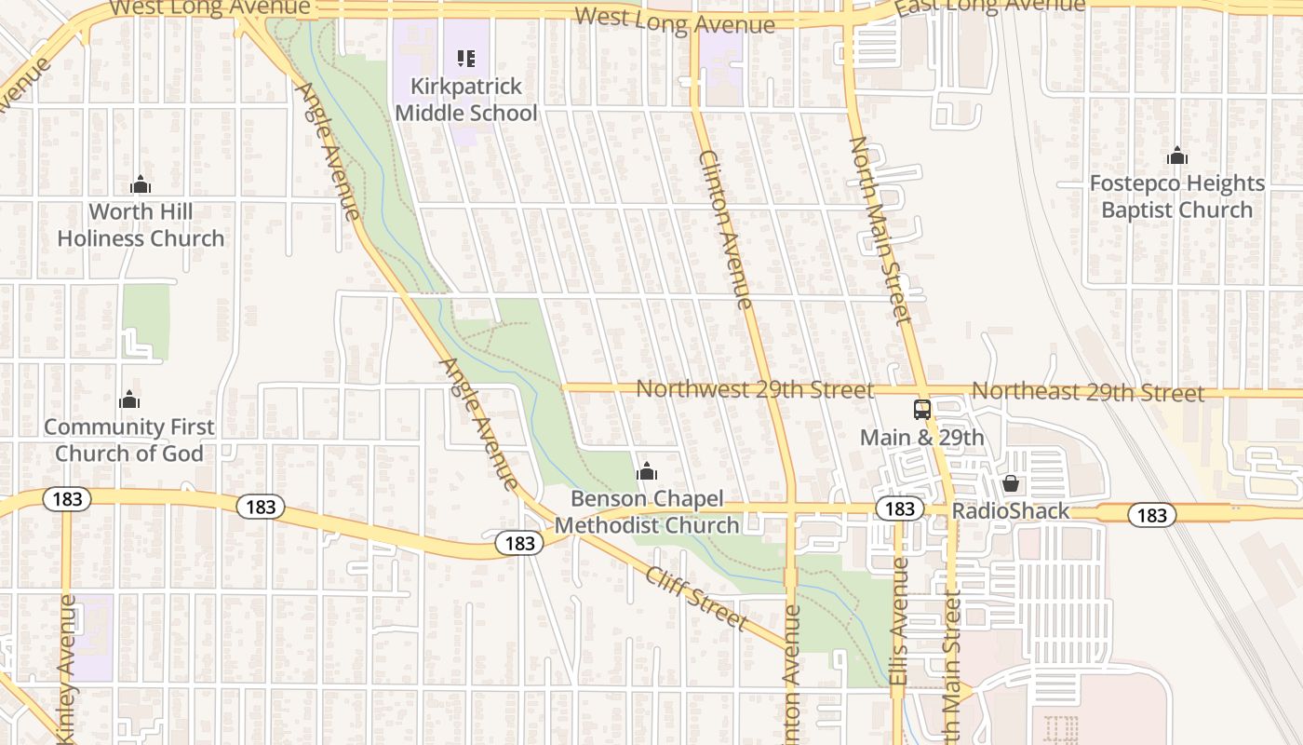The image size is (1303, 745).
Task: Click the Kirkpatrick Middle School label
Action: (466, 100)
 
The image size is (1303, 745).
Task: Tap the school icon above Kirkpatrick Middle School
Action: (466, 60)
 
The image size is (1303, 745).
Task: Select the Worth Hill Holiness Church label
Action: (141, 225)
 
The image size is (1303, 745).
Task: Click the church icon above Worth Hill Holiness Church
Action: (141, 184)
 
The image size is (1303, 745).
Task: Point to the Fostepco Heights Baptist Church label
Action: (1177, 196)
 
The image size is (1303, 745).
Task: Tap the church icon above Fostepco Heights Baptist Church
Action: (1177, 156)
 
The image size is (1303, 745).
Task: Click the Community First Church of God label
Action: (129, 440)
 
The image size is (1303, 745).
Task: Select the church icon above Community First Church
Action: (129, 400)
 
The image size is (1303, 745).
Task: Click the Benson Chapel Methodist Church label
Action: (647, 512)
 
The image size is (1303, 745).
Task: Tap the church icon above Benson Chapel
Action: (647, 472)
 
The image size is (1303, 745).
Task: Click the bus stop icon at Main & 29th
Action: (921, 410)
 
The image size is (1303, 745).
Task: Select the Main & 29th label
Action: (921, 438)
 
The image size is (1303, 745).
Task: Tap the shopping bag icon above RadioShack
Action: (1010, 483)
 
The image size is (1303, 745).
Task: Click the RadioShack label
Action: (1011, 512)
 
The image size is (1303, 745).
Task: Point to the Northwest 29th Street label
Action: (755, 389)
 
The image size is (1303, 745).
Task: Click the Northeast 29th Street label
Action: (1088, 391)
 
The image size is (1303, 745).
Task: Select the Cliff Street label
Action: (696, 598)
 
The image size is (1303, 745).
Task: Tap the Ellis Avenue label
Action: (899, 622)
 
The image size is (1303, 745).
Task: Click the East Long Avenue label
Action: (989, 7)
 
